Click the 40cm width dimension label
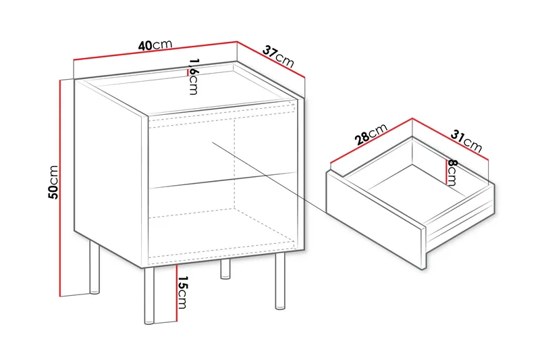click(x=155, y=46)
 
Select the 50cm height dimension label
click(x=53, y=182)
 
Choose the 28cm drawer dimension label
click(x=371, y=134)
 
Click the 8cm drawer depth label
click(x=452, y=172)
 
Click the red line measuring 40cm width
click(x=155, y=51)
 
